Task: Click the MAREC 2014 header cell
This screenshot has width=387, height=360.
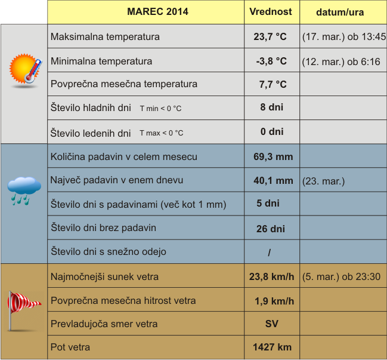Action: [157, 12]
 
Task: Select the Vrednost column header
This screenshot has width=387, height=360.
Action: [271, 12]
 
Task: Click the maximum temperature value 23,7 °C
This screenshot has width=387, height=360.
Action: [270, 37]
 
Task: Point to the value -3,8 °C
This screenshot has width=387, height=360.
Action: [271, 61]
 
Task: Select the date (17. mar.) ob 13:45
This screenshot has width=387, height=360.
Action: [344, 37]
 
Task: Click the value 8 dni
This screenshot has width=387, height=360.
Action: [271, 108]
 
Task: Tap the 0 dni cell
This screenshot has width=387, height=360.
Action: [271, 132]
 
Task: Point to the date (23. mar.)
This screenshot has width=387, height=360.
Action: [323, 181]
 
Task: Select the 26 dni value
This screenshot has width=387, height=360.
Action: [270, 229]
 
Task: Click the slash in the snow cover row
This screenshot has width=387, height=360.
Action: [270, 253]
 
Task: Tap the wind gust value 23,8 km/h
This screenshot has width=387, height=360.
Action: [271, 277]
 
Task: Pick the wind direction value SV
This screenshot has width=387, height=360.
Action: [271, 324]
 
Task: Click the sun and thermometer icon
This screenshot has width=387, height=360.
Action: [26, 69]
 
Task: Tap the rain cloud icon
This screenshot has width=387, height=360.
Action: [24, 190]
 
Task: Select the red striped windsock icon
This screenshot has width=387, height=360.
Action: [23, 307]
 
